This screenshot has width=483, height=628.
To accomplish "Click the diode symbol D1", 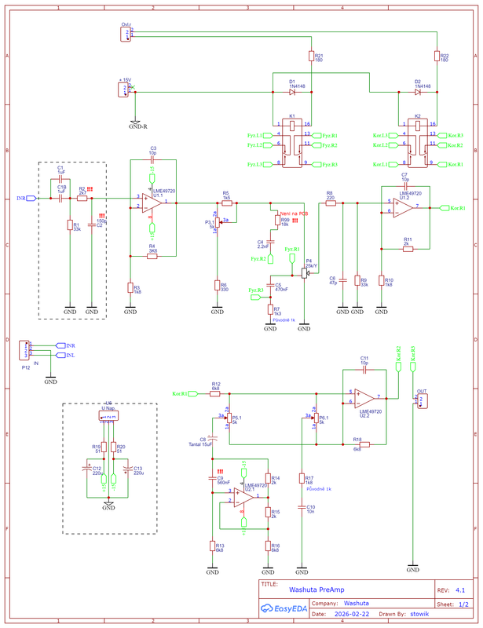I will coord(291,92).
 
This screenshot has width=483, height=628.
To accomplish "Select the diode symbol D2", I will coord(417,92).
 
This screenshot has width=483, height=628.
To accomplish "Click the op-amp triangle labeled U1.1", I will coord(152,203).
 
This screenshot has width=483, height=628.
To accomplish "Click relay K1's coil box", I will coord(291,124).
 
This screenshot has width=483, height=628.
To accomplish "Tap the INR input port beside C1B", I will coord(29,199).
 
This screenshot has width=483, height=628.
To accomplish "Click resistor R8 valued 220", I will coord(330,202).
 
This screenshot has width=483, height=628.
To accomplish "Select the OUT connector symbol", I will coord(423,400).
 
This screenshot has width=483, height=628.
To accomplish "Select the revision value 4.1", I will coord(460,589).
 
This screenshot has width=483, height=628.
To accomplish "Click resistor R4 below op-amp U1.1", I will coord(152,255).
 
